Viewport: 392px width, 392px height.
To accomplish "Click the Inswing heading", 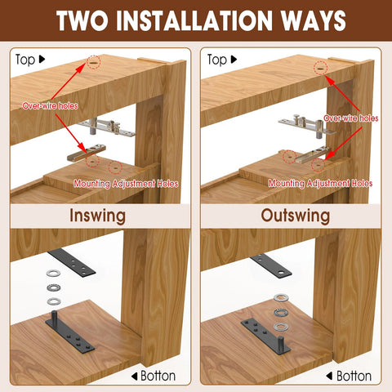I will point(98,216).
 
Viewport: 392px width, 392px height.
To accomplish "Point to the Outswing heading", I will point(294,216).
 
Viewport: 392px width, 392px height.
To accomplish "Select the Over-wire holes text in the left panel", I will point(51,105).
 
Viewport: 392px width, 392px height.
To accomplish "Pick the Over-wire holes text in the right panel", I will point(352,118).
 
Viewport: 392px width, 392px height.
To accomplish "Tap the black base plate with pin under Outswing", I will point(263,332).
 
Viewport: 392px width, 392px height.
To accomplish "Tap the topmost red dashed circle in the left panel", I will point(94,62).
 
